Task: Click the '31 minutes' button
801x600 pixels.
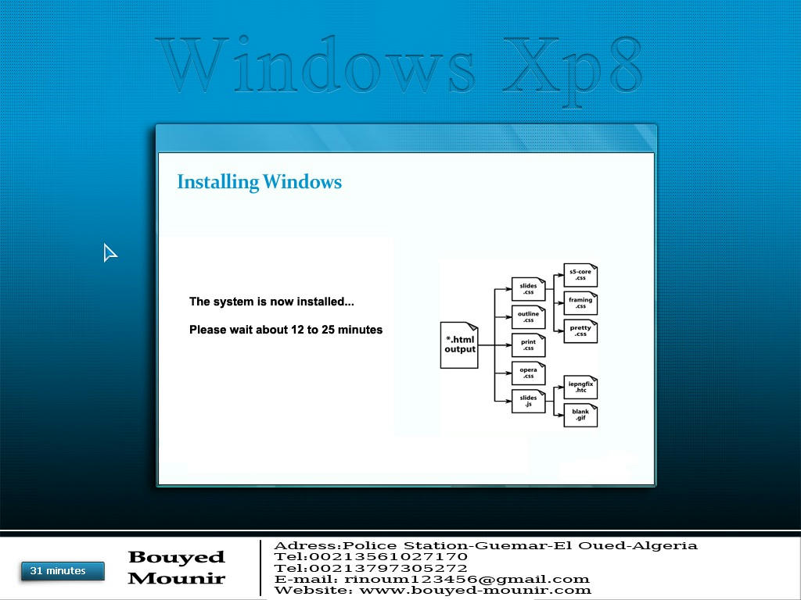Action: (x=63, y=571)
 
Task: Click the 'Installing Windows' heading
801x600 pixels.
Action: (x=260, y=182)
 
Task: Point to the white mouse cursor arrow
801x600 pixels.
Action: (x=110, y=252)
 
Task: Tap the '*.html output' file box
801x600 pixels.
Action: (x=459, y=345)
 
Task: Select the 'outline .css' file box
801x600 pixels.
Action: (x=528, y=317)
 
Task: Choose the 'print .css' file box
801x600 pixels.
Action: (x=528, y=345)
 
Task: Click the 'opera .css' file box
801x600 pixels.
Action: (x=528, y=373)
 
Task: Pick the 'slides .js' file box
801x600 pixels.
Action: (x=528, y=401)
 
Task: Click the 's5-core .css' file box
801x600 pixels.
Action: (x=580, y=275)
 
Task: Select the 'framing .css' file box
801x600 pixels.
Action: (x=580, y=303)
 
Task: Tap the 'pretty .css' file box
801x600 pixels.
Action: (x=580, y=331)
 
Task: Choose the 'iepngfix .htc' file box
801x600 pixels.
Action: (x=580, y=387)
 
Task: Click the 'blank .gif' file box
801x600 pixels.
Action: (x=580, y=415)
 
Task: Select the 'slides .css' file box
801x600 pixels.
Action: (x=528, y=289)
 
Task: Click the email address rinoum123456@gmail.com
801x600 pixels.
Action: (x=467, y=579)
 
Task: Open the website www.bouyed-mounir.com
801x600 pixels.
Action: (x=475, y=591)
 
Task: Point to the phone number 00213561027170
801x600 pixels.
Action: (x=388, y=556)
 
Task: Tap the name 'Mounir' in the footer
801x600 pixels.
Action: (x=176, y=578)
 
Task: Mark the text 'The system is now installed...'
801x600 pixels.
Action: (x=271, y=302)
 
